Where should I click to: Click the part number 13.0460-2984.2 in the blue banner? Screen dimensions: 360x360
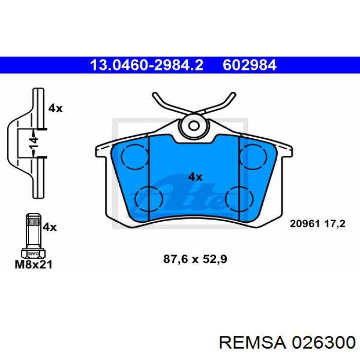click(x=147, y=65)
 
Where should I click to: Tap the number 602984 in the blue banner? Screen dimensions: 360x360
click(x=249, y=65)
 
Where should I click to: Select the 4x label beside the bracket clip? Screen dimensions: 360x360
click(x=55, y=108)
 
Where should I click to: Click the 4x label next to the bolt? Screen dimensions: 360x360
click(x=49, y=226)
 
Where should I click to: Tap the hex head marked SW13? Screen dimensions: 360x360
click(x=32, y=253)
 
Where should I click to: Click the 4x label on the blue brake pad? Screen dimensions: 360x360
click(x=195, y=177)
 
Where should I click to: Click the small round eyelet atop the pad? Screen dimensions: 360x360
click(x=194, y=125)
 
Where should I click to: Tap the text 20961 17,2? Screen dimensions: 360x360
click(x=317, y=223)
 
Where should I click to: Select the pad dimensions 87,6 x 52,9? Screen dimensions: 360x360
click(x=195, y=260)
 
